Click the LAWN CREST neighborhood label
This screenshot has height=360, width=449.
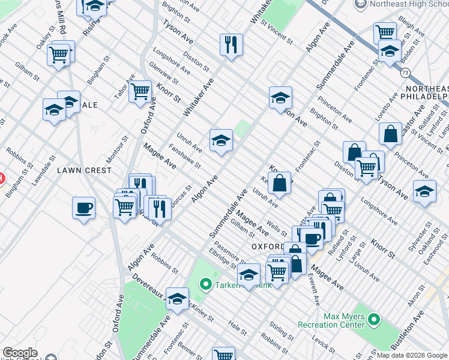85,170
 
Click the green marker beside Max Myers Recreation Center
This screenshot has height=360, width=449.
374,320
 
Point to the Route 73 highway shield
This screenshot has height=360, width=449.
406,73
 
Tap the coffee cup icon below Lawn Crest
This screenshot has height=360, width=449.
83,208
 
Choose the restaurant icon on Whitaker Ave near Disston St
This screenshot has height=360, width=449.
231,44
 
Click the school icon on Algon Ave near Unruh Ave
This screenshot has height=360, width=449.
221,140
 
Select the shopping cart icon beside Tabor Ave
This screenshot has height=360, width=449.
140,91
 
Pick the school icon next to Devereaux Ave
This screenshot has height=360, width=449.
178,298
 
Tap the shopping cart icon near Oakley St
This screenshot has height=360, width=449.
59,55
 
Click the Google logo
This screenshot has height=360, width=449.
20,353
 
